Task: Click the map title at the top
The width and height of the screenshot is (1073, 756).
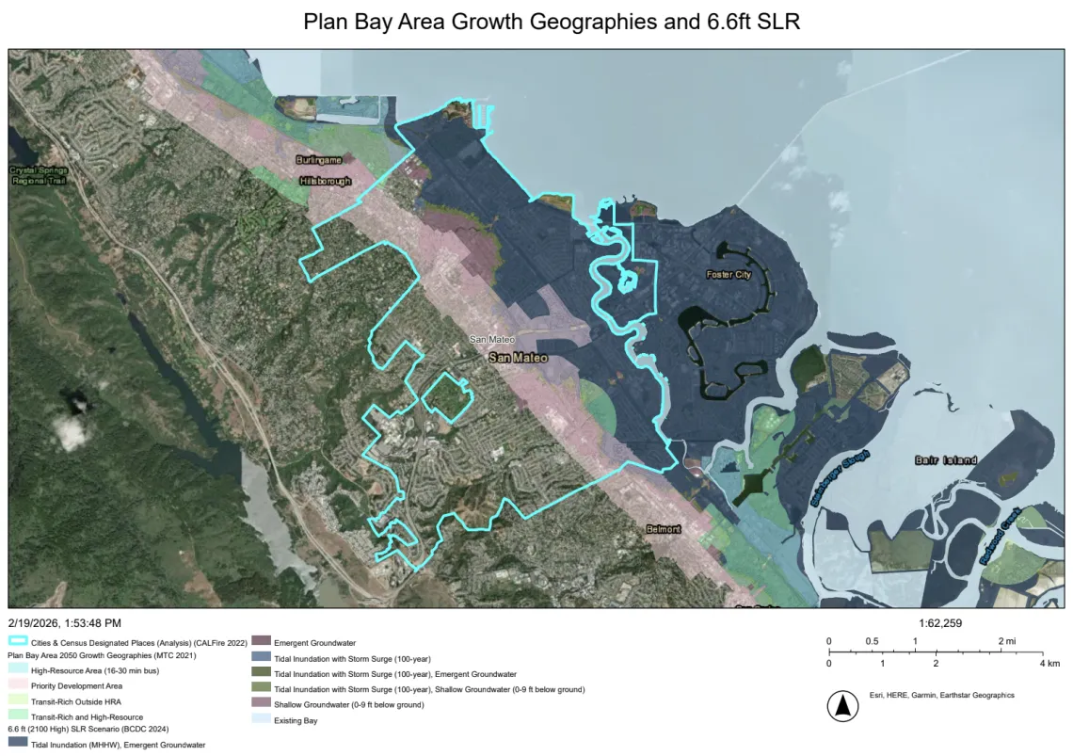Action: tap(552, 22)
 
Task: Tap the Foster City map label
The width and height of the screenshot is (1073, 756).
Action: tap(729, 275)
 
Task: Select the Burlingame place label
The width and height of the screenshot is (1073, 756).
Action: tap(318, 161)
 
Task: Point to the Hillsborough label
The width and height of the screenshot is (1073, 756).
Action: tap(325, 181)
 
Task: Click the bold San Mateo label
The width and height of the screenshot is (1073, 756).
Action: tap(517, 359)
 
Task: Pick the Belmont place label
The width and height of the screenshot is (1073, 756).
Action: tap(663, 529)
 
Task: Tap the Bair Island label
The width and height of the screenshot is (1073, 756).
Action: tap(945, 460)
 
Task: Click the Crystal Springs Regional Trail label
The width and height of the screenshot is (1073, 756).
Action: tap(38, 175)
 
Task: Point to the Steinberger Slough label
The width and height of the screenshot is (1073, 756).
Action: tap(839, 479)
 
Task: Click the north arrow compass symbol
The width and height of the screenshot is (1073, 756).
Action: tap(842, 705)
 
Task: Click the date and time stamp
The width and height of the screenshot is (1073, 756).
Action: tap(64, 623)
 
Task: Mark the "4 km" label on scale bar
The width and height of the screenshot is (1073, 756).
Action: tap(1049, 663)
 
